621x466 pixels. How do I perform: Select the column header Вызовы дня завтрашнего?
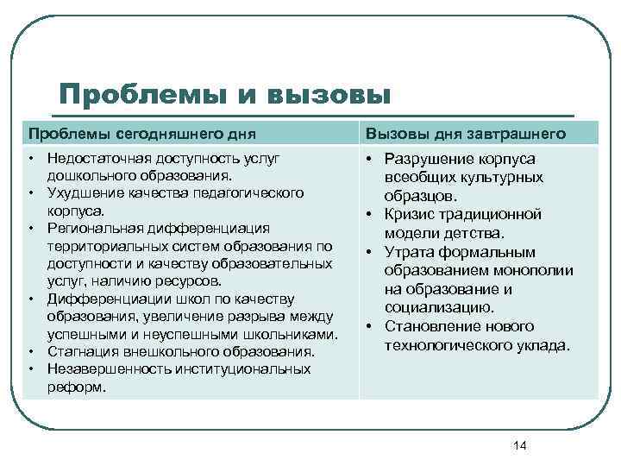point(466,133)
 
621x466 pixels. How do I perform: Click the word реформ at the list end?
point(76,387)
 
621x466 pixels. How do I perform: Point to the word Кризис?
point(407,214)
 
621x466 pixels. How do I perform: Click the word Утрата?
point(406,252)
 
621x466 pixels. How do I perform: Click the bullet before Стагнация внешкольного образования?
point(31,351)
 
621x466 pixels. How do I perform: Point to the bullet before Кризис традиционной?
point(368,214)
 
